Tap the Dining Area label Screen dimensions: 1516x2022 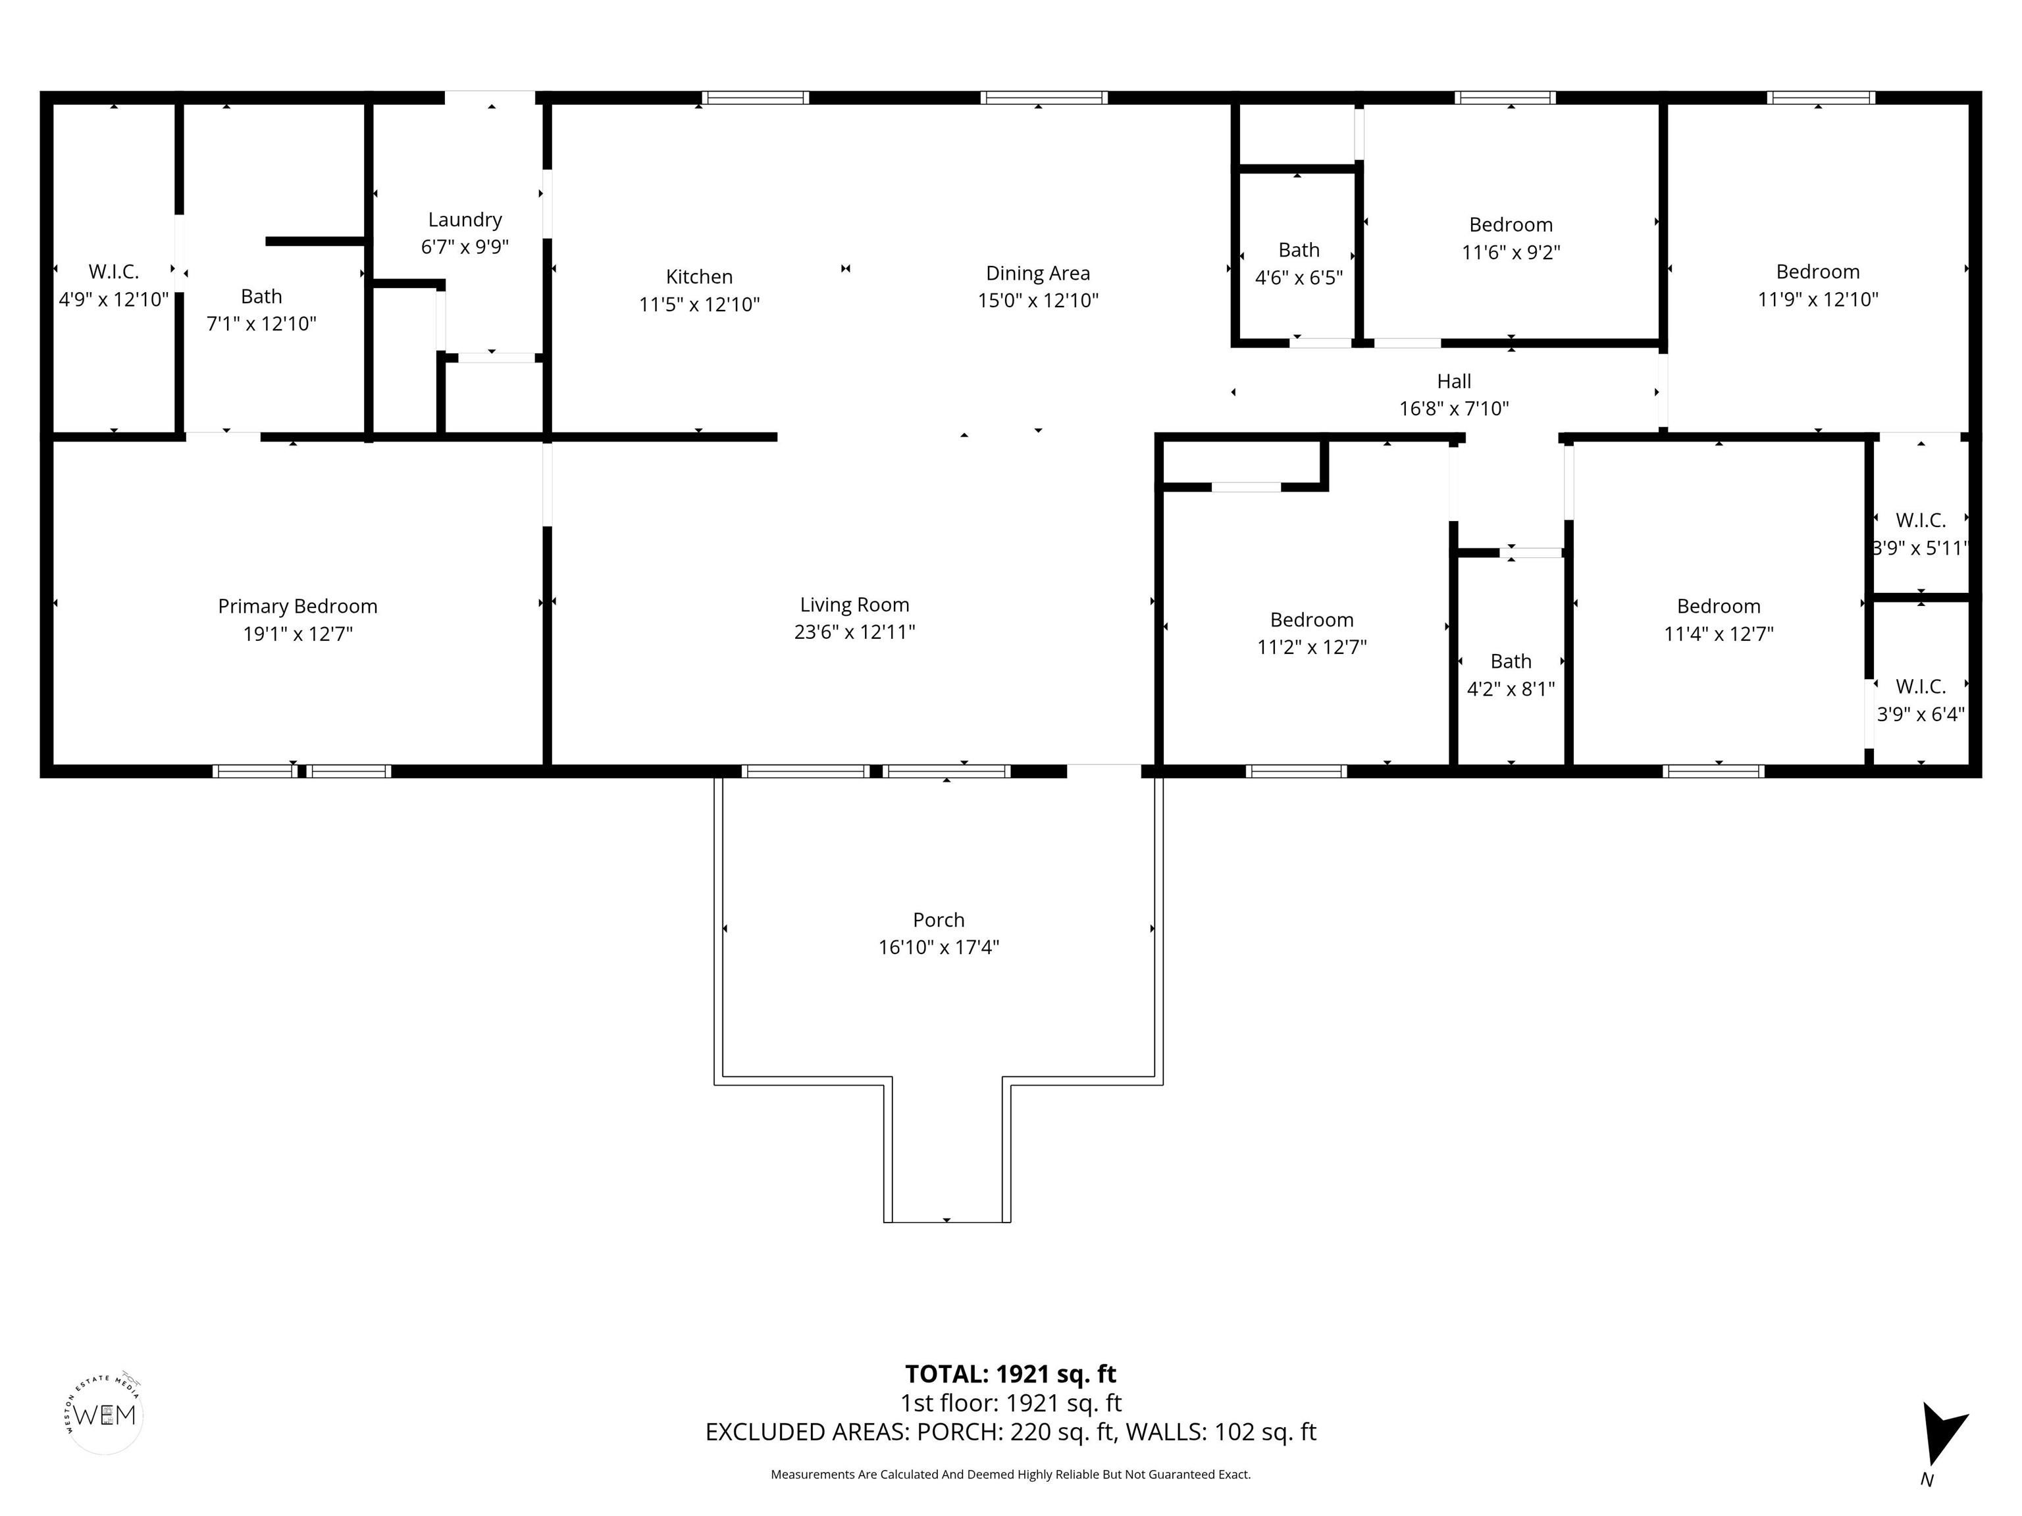(1037, 273)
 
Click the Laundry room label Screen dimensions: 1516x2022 (465, 219)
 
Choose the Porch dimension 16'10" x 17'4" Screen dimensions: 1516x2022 (938, 947)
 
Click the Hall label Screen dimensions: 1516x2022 (1453, 381)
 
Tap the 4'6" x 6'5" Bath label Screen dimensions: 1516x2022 (1298, 249)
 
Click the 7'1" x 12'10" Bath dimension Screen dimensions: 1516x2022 (261, 324)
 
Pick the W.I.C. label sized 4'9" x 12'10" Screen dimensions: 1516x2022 (113, 271)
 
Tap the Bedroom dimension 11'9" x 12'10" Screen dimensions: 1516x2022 (1817, 299)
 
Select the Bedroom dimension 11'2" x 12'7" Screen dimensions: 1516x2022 (1311, 647)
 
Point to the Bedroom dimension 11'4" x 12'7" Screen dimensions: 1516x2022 (1718, 633)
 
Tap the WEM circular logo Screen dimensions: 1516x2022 (105, 1415)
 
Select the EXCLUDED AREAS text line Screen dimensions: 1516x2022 (1010, 1432)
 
